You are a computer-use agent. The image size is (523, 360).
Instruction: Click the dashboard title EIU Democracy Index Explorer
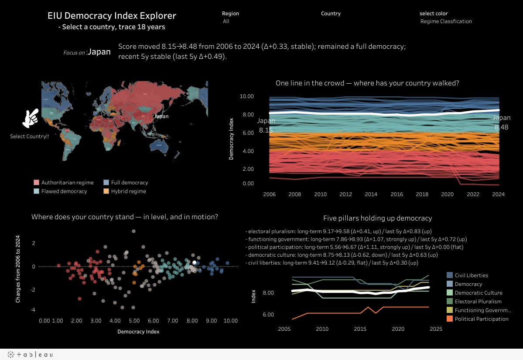tap(112, 16)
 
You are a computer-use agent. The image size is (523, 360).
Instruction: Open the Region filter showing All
tap(226, 21)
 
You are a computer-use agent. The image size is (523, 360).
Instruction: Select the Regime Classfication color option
tap(446, 21)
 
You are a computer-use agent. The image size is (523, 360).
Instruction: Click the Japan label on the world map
tap(161, 116)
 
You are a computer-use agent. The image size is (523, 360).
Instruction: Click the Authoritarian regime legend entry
tap(64, 183)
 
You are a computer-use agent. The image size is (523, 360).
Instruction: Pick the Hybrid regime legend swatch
tap(106, 191)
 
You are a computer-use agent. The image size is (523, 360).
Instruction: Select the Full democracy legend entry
tap(129, 183)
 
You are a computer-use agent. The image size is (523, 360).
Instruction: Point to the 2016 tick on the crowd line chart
tap(397, 194)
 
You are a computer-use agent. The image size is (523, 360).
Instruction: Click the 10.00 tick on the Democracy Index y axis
tap(247, 96)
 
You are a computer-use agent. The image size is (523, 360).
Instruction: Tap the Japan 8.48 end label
tap(501, 122)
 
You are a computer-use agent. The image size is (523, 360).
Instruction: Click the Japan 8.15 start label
tap(265, 126)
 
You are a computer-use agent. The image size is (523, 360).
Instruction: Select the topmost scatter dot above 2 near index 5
tap(133, 231)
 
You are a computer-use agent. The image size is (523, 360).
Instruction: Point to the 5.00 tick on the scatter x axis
tap(134, 321)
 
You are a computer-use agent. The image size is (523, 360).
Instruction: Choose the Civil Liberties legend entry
tap(471, 275)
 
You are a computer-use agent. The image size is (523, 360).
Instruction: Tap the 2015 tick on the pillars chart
tap(360, 329)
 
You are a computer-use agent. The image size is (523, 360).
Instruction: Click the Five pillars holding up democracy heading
tap(377, 218)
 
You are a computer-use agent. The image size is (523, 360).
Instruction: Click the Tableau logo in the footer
tap(29, 355)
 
